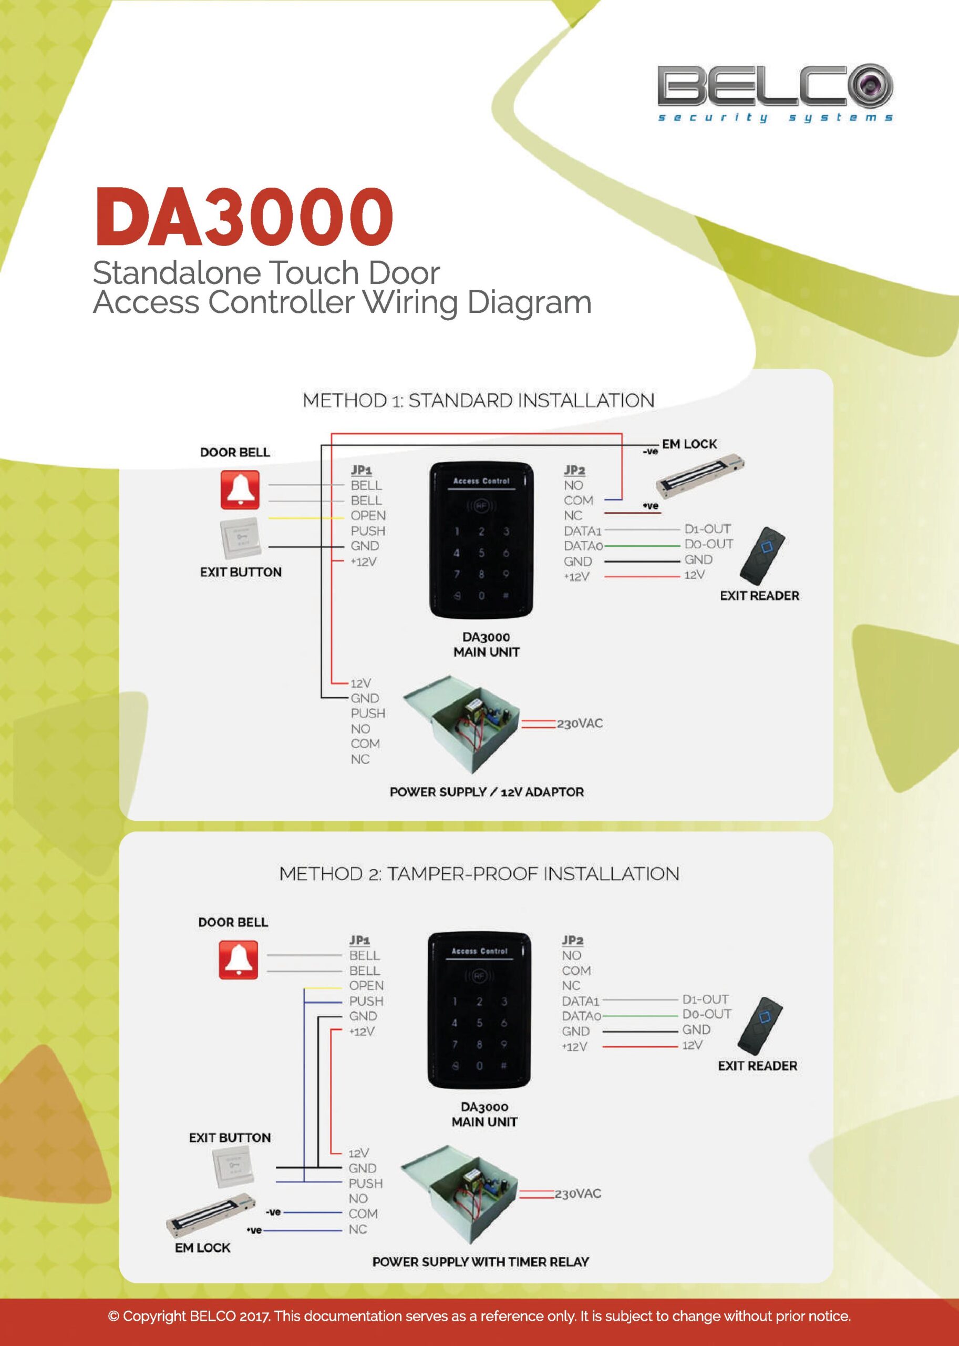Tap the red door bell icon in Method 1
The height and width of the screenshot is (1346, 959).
pos(240,490)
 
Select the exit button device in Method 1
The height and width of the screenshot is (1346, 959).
pos(240,538)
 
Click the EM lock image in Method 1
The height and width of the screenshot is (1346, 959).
pos(700,476)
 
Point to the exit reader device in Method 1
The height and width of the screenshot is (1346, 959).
pos(763,555)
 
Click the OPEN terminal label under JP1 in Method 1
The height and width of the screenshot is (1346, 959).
pos(368,516)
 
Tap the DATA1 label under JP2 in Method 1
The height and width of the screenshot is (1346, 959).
pos(582,531)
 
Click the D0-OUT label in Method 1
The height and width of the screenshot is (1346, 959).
pos(708,544)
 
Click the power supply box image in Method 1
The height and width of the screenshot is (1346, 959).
pos(461,723)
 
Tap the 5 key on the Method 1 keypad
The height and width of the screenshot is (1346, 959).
pos(481,553)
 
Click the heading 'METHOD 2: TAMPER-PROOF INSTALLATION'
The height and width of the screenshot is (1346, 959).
pos(479,874)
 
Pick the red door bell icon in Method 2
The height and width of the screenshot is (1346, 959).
pos(238,960)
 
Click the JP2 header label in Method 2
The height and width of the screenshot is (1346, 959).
pos(572,940)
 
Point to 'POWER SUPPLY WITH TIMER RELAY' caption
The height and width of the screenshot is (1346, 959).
pos(480,1262)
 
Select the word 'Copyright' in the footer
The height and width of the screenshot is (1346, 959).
pos(154,1317)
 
